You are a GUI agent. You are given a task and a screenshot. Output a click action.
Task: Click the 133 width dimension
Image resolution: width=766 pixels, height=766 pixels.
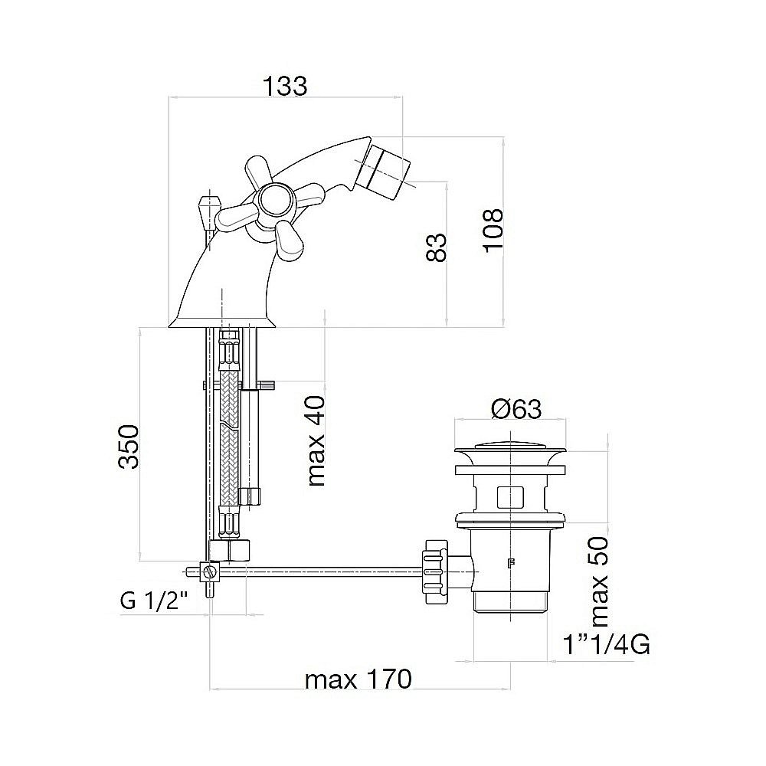pyautogui.click(x=285, y=86)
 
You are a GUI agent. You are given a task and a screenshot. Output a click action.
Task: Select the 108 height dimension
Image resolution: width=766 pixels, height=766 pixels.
pyautogui.click(x=493, y=230)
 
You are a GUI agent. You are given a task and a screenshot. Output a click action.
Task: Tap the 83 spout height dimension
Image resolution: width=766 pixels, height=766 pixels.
pyautogui.click(x=437, y=247)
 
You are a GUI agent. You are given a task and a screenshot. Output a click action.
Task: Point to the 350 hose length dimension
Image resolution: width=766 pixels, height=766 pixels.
pyautogui.click(x=129, y=447)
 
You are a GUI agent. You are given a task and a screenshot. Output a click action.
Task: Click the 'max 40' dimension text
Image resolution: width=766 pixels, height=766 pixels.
pyautogui.click(x=316, y=440)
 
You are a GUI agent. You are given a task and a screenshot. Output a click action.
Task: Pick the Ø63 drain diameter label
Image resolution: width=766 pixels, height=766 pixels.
pyautogui.click(x=516, y=409)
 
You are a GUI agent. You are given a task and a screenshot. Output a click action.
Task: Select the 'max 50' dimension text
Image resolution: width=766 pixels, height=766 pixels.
pyautogui.click(x=600, y=582)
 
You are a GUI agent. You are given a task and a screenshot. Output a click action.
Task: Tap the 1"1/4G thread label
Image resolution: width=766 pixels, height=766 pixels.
pyautogui.click(x=606, y=644)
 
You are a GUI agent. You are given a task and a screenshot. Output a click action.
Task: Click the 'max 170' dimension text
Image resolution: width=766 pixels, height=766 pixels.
pyautogui.click(x=358, y=679)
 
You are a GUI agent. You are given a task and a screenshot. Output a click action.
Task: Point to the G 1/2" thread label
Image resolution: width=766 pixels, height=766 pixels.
pyautogui.click(x=154, y=601)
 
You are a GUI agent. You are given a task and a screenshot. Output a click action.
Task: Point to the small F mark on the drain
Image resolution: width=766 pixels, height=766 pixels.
pyautogui.click(x=512, y=563)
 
